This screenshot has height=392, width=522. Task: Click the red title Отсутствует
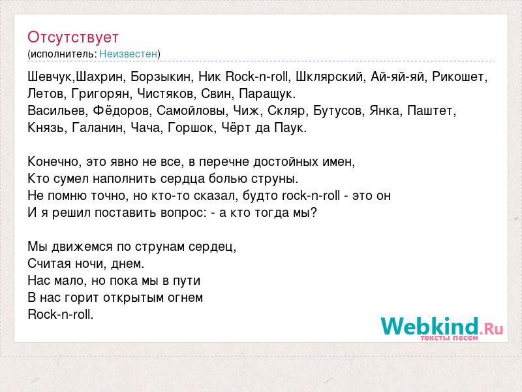click(x=73, y=37)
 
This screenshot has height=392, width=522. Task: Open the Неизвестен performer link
click(x=128, y=54)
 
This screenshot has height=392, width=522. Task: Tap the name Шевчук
click(x=50, y=77)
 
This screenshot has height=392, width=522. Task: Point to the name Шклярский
click(x=329, y=77)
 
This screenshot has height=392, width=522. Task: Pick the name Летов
click(x=46, y=93)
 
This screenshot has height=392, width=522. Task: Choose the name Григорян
click(x=100, y=94)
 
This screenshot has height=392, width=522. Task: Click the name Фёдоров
click(x=121, y=110)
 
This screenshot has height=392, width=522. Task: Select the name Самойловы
click(x=191, y=110)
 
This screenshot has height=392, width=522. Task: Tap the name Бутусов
click(x=337, y=110)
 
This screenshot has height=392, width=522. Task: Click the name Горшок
click(x=190, y=127)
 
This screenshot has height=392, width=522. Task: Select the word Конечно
click(x=53, y=161)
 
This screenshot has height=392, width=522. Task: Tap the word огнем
click(x=185, y=298)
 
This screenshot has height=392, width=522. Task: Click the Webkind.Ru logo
click(x=442, y=327)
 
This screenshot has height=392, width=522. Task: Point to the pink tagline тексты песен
click(x=449, y=338)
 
